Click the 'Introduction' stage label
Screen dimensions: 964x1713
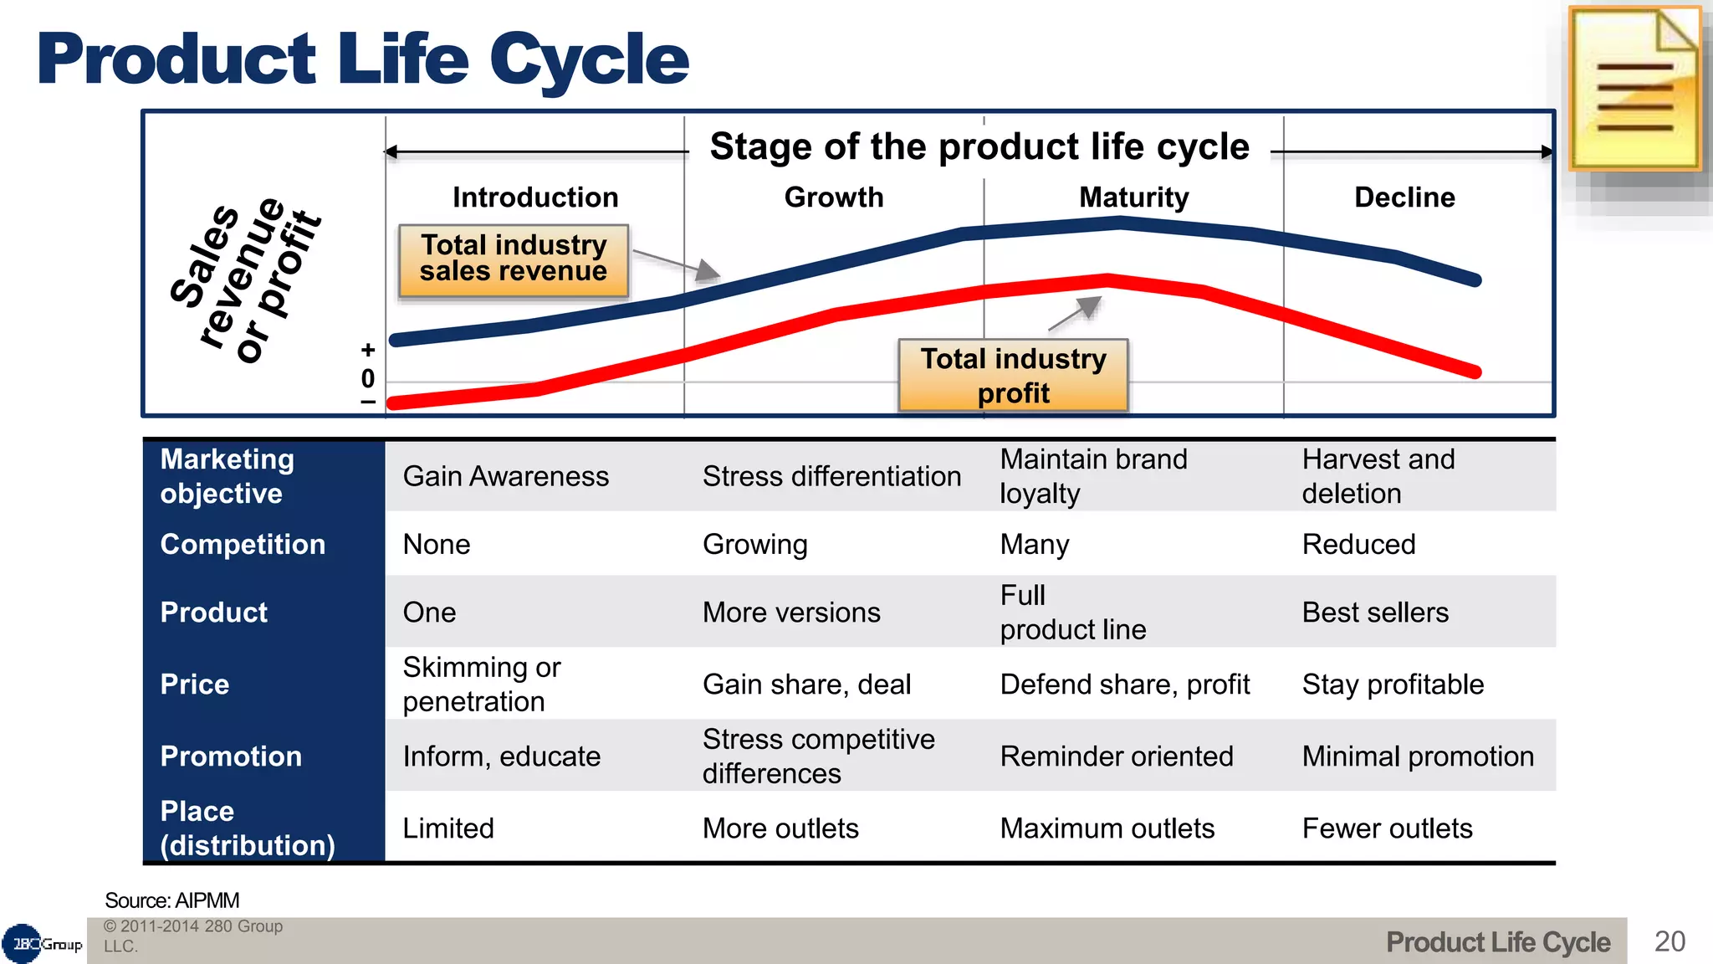(535, 197)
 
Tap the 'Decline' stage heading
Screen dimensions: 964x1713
(1404, 197)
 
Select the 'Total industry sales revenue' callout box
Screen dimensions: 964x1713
(514, 259)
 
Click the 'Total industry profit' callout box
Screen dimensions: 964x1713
(1013, 376)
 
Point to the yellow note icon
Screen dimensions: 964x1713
(1634, 89)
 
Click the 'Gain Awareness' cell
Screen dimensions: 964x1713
(505, 476)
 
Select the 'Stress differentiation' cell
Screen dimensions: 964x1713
(831, 476)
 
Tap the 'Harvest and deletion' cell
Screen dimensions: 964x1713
(1378, 476)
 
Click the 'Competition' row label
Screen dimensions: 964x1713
(243, 545)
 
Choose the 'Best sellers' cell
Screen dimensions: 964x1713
(1375, 613)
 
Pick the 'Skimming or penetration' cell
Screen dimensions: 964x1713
(482, 685)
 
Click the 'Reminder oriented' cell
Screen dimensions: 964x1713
(1116, 756)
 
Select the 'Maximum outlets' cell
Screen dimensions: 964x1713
(1107, 828)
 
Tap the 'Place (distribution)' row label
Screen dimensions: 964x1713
(248, 828)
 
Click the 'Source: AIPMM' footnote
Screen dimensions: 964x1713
(172, 900)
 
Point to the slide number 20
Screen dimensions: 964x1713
(1670, 941)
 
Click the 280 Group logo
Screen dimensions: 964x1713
(42, 944)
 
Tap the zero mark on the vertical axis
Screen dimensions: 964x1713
(368, 379)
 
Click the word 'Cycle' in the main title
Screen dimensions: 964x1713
(589, 60)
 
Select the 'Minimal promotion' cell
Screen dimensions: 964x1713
(1418, 756)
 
